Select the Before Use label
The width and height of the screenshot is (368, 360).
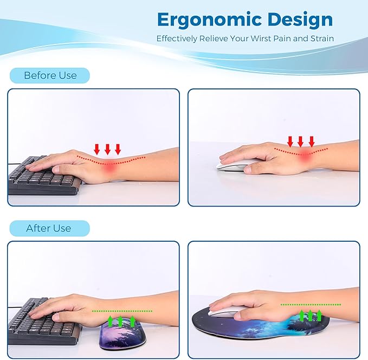coord(50,75)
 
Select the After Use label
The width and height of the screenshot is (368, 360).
coord(48,228)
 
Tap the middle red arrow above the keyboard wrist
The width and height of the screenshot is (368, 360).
coord(107,149)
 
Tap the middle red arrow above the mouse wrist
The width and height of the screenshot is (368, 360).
coord(301,142)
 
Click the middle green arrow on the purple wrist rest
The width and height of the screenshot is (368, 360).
coord(120,320)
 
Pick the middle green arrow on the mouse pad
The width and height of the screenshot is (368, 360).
coord(311,315)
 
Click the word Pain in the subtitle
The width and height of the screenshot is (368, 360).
coord(289,38)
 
